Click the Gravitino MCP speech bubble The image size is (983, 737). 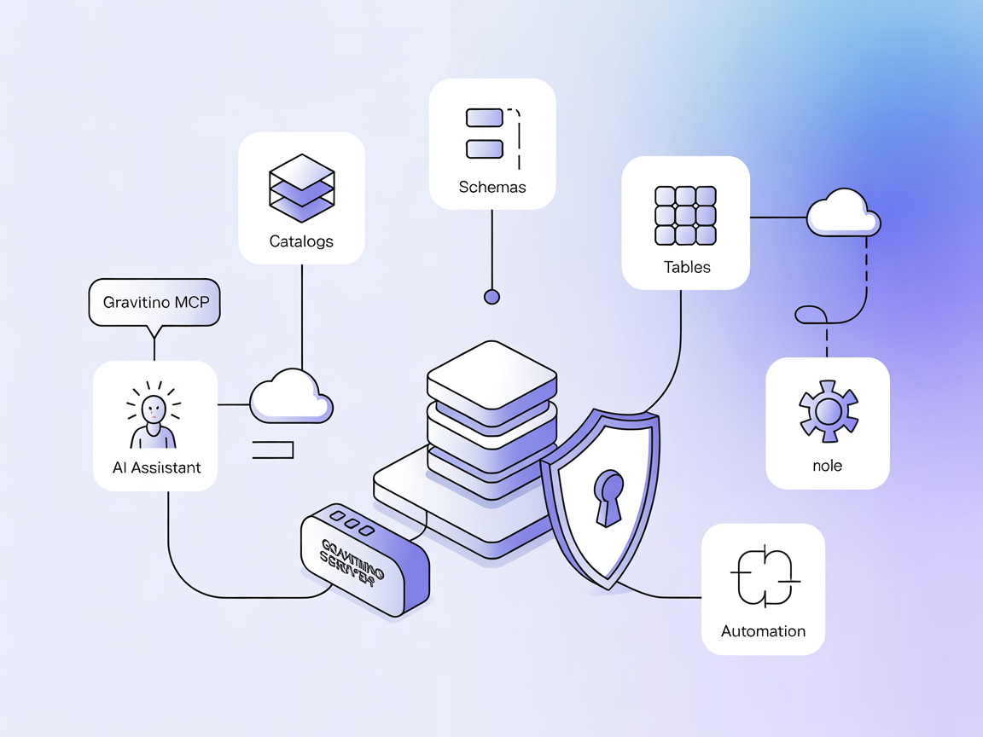click(154, 303)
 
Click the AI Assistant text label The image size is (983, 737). click(157, 467)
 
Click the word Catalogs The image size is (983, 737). click(301, 241)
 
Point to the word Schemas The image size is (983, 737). click(492, 187)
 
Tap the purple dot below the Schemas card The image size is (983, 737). click(491, 297)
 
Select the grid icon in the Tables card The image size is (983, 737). click(685, 217)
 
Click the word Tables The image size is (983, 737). click(687, 267)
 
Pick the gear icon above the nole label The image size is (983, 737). click(828, 412)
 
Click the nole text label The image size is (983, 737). click(828, 466)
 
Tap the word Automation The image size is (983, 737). click(763, 631)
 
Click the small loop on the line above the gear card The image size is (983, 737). click(811, 315)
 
